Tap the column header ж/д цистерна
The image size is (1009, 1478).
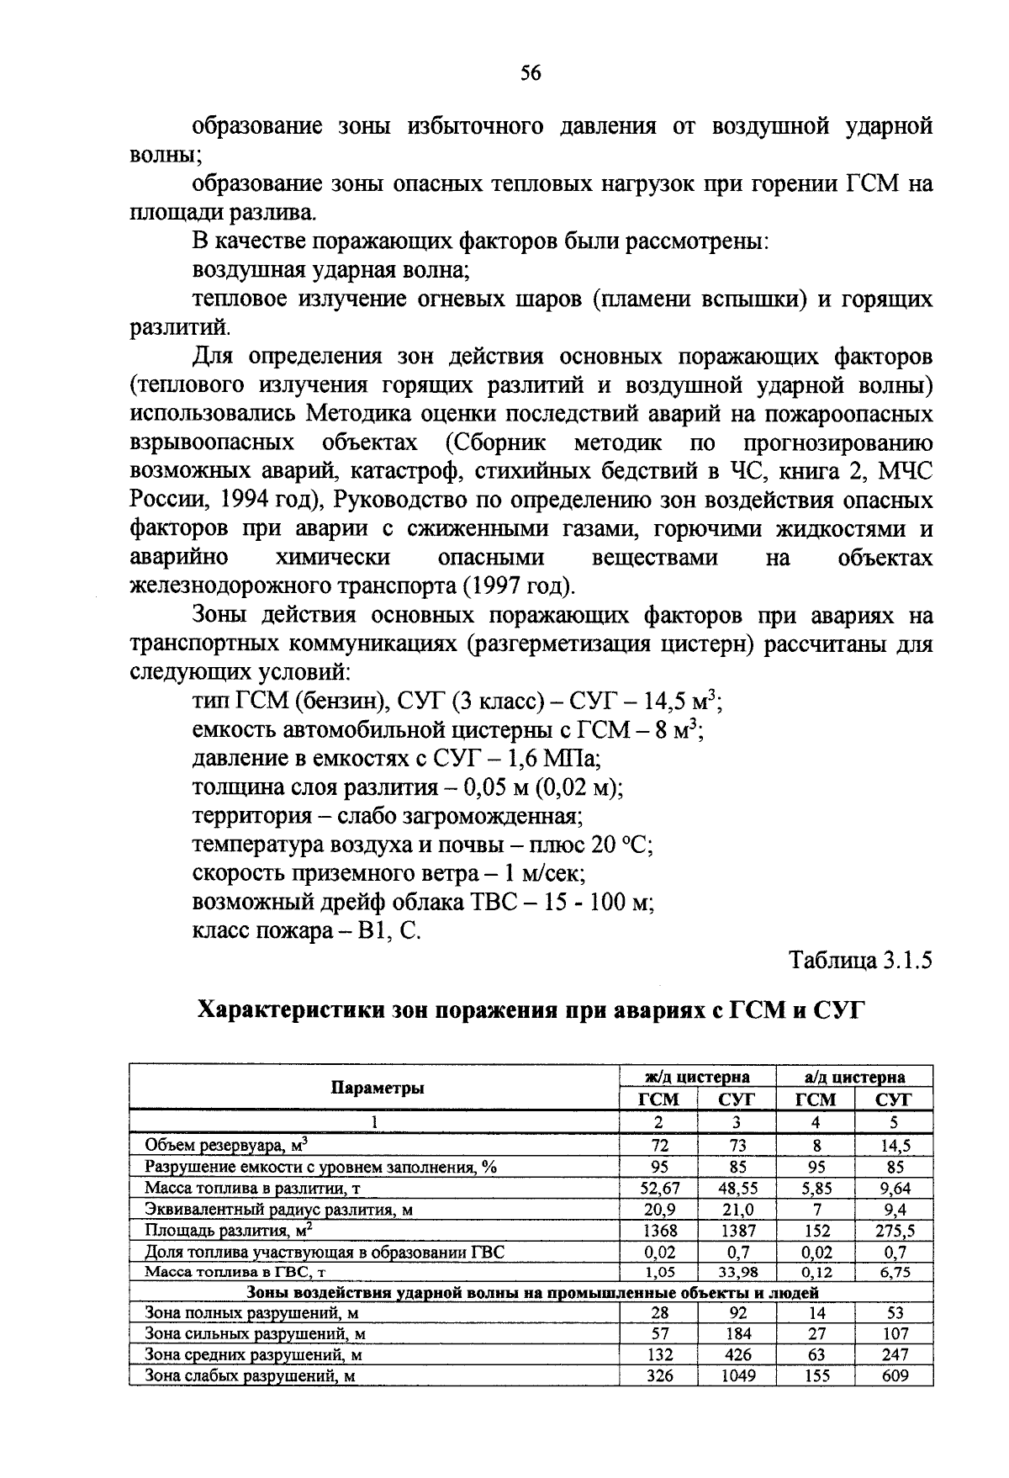697,1077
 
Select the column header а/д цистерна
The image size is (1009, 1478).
854,1077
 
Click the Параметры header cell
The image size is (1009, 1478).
377,1088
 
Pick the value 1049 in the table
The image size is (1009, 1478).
737,1375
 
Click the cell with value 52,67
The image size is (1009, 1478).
659,1188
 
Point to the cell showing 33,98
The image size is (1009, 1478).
737,1273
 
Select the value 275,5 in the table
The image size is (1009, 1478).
895,1230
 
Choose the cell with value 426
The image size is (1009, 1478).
737,1354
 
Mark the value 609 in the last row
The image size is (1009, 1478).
895,1375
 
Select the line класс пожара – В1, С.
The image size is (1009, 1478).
306,931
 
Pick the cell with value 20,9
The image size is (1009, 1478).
659,1209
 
